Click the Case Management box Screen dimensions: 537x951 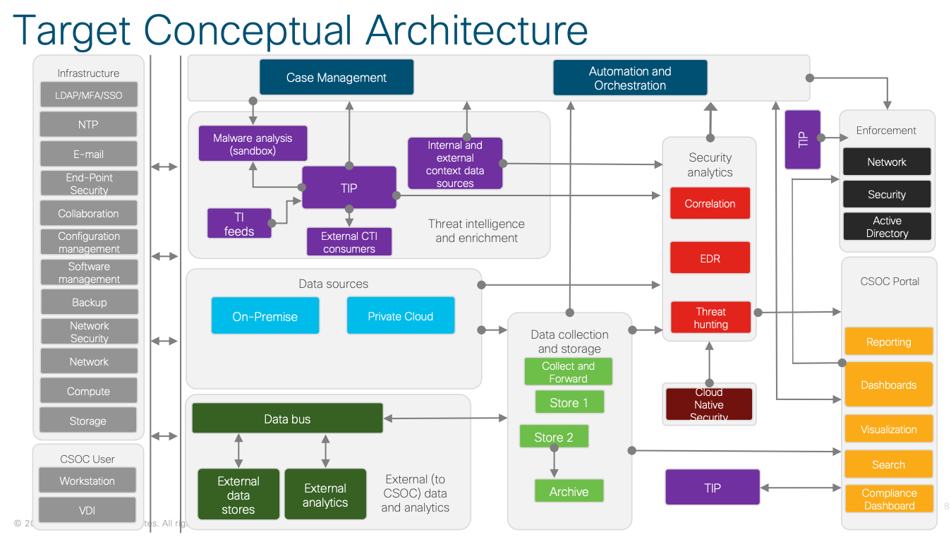pos(337,78)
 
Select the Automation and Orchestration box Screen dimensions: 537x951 pos(630,78)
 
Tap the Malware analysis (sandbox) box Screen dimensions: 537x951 pos(253,144)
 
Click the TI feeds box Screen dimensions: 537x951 pos(239,223)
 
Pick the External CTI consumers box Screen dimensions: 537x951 pos(349,241)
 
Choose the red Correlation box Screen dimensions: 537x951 pos(710,203)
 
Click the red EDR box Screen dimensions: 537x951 pos(710,258)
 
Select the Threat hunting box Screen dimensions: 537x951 pos(710,318)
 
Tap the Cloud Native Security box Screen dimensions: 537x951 pos(709,404)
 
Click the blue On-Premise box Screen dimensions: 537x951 pos(265,316)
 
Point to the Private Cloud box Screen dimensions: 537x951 pos(400,316)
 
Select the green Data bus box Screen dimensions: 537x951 pos(287,418)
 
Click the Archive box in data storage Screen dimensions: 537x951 pos(569,491)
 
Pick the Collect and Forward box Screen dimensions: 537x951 pos(568,372)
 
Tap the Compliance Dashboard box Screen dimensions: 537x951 pos(889,499)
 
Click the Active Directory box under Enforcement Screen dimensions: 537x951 pos(887,227)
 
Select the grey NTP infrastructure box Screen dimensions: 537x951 pos(88,124)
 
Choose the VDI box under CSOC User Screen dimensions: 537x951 pos(87,510)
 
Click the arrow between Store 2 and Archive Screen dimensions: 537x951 pos(554,463)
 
